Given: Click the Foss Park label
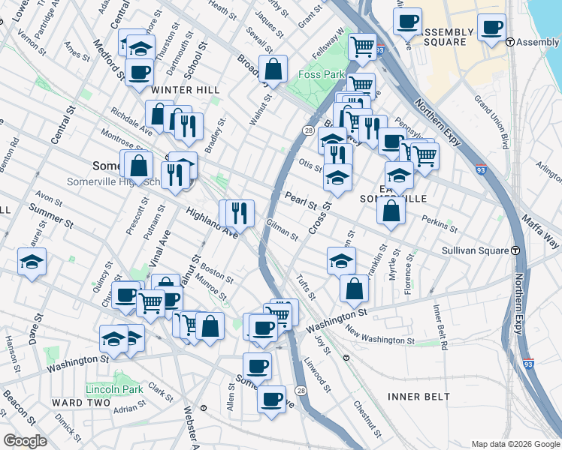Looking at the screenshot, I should (321, 75).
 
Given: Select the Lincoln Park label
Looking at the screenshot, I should (114, 390).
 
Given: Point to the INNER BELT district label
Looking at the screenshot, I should (418, 396).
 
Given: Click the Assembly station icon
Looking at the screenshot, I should (510, 43).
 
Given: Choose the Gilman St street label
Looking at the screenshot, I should (283, 230).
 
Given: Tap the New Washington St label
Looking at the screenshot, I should (380, 339).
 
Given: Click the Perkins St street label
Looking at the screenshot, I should (440, 223).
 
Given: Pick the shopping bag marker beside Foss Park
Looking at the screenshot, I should (273, 69).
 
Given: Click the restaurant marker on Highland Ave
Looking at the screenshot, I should (240, 212).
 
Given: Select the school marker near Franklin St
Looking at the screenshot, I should (341, 261).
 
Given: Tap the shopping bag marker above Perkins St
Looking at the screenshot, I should (391, 210).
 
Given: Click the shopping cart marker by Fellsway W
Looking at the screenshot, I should (363, 46).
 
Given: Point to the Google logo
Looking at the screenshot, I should (26, 440).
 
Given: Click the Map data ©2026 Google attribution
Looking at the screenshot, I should (515, 443).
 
